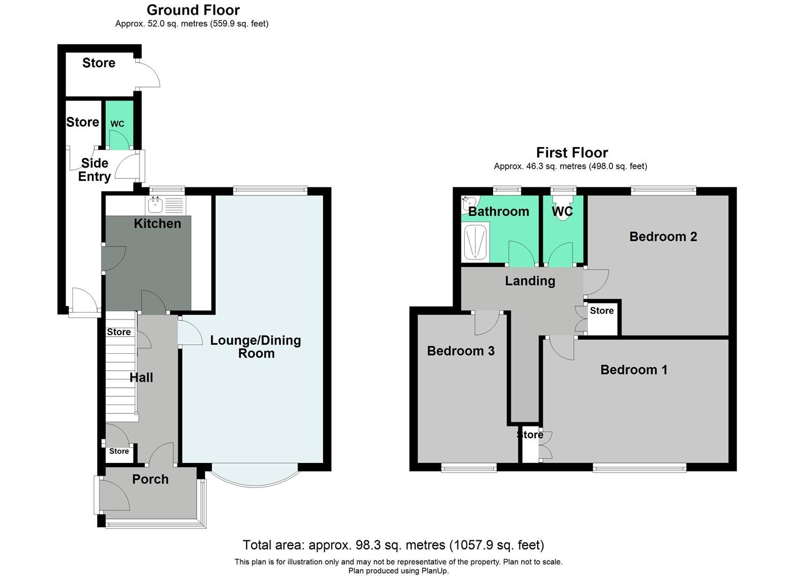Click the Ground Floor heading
(193, 10)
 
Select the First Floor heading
(572, 153)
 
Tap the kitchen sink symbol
(156, 204)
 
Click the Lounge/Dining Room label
(255, 346)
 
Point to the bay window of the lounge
(255, 475)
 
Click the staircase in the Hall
(120, 376)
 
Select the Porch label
(150, 479)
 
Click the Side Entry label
(94, 170)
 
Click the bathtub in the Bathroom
(475, 243)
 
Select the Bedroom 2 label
(663, 236)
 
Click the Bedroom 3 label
(460, 351)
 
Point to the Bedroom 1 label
(633, 369)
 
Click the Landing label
(530, 280)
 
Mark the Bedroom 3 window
(469, 468)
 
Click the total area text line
(393, 545)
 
